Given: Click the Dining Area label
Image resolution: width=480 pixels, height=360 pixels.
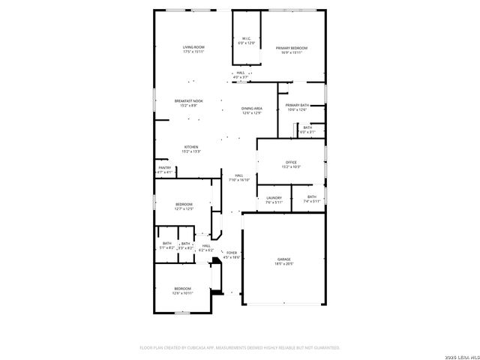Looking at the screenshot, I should point(251,110).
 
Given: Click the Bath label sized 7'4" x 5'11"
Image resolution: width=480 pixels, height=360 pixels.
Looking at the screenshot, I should point(311,199).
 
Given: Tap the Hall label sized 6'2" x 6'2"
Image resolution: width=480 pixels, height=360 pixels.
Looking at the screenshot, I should point(206,247).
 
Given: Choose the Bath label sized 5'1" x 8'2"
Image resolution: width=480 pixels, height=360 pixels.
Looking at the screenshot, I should point(166,245).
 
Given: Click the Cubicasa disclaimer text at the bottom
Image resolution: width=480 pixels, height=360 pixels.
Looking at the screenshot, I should point(240,347).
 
